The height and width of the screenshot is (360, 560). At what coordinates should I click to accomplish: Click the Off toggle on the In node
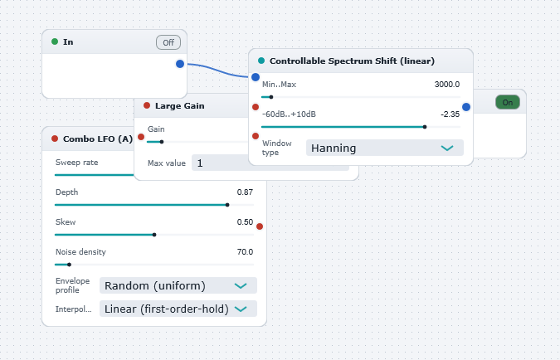click(x=168, y=42)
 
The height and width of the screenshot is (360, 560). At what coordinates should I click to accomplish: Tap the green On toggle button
click(x=508, y=103)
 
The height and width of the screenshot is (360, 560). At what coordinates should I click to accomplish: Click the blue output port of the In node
click(x=180, y=64)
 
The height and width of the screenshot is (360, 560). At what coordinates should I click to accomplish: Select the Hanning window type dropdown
click(x=385, y=148)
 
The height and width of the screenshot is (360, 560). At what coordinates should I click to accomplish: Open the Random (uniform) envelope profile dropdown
click(x=178, y=285)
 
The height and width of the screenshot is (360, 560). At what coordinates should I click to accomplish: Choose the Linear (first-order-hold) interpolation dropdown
click(x=178, y=309)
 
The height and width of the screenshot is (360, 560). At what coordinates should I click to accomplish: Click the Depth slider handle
click(x=227, y=205)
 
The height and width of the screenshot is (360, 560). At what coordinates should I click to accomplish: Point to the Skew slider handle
click(x=154, y=235)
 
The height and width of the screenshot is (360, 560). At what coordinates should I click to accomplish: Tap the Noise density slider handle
click(x=70, y=265)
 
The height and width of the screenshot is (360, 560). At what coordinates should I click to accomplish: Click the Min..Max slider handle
click(x=271, y=97)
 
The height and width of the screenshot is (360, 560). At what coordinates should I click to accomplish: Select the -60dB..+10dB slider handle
click(x=425, y=127)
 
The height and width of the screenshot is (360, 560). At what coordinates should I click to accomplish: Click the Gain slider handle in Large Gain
click(x=162, y=142)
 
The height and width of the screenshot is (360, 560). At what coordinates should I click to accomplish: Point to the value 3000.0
click(x=447, y=85)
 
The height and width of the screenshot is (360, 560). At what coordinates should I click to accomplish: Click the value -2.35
click(x=450, y=114)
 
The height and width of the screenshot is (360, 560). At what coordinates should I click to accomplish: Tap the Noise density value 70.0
click(x=245, y=252)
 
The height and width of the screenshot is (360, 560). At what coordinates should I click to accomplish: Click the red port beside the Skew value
click(x=260, y=226)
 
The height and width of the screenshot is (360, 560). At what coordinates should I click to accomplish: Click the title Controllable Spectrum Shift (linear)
click(x=352, y=61)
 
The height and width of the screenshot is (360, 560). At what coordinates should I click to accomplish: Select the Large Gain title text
click(x=180, y=106)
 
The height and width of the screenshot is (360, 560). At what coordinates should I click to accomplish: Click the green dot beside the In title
click(x=55, y=41)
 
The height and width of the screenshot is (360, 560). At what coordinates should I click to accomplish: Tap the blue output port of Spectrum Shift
click(x=466, y=107)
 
